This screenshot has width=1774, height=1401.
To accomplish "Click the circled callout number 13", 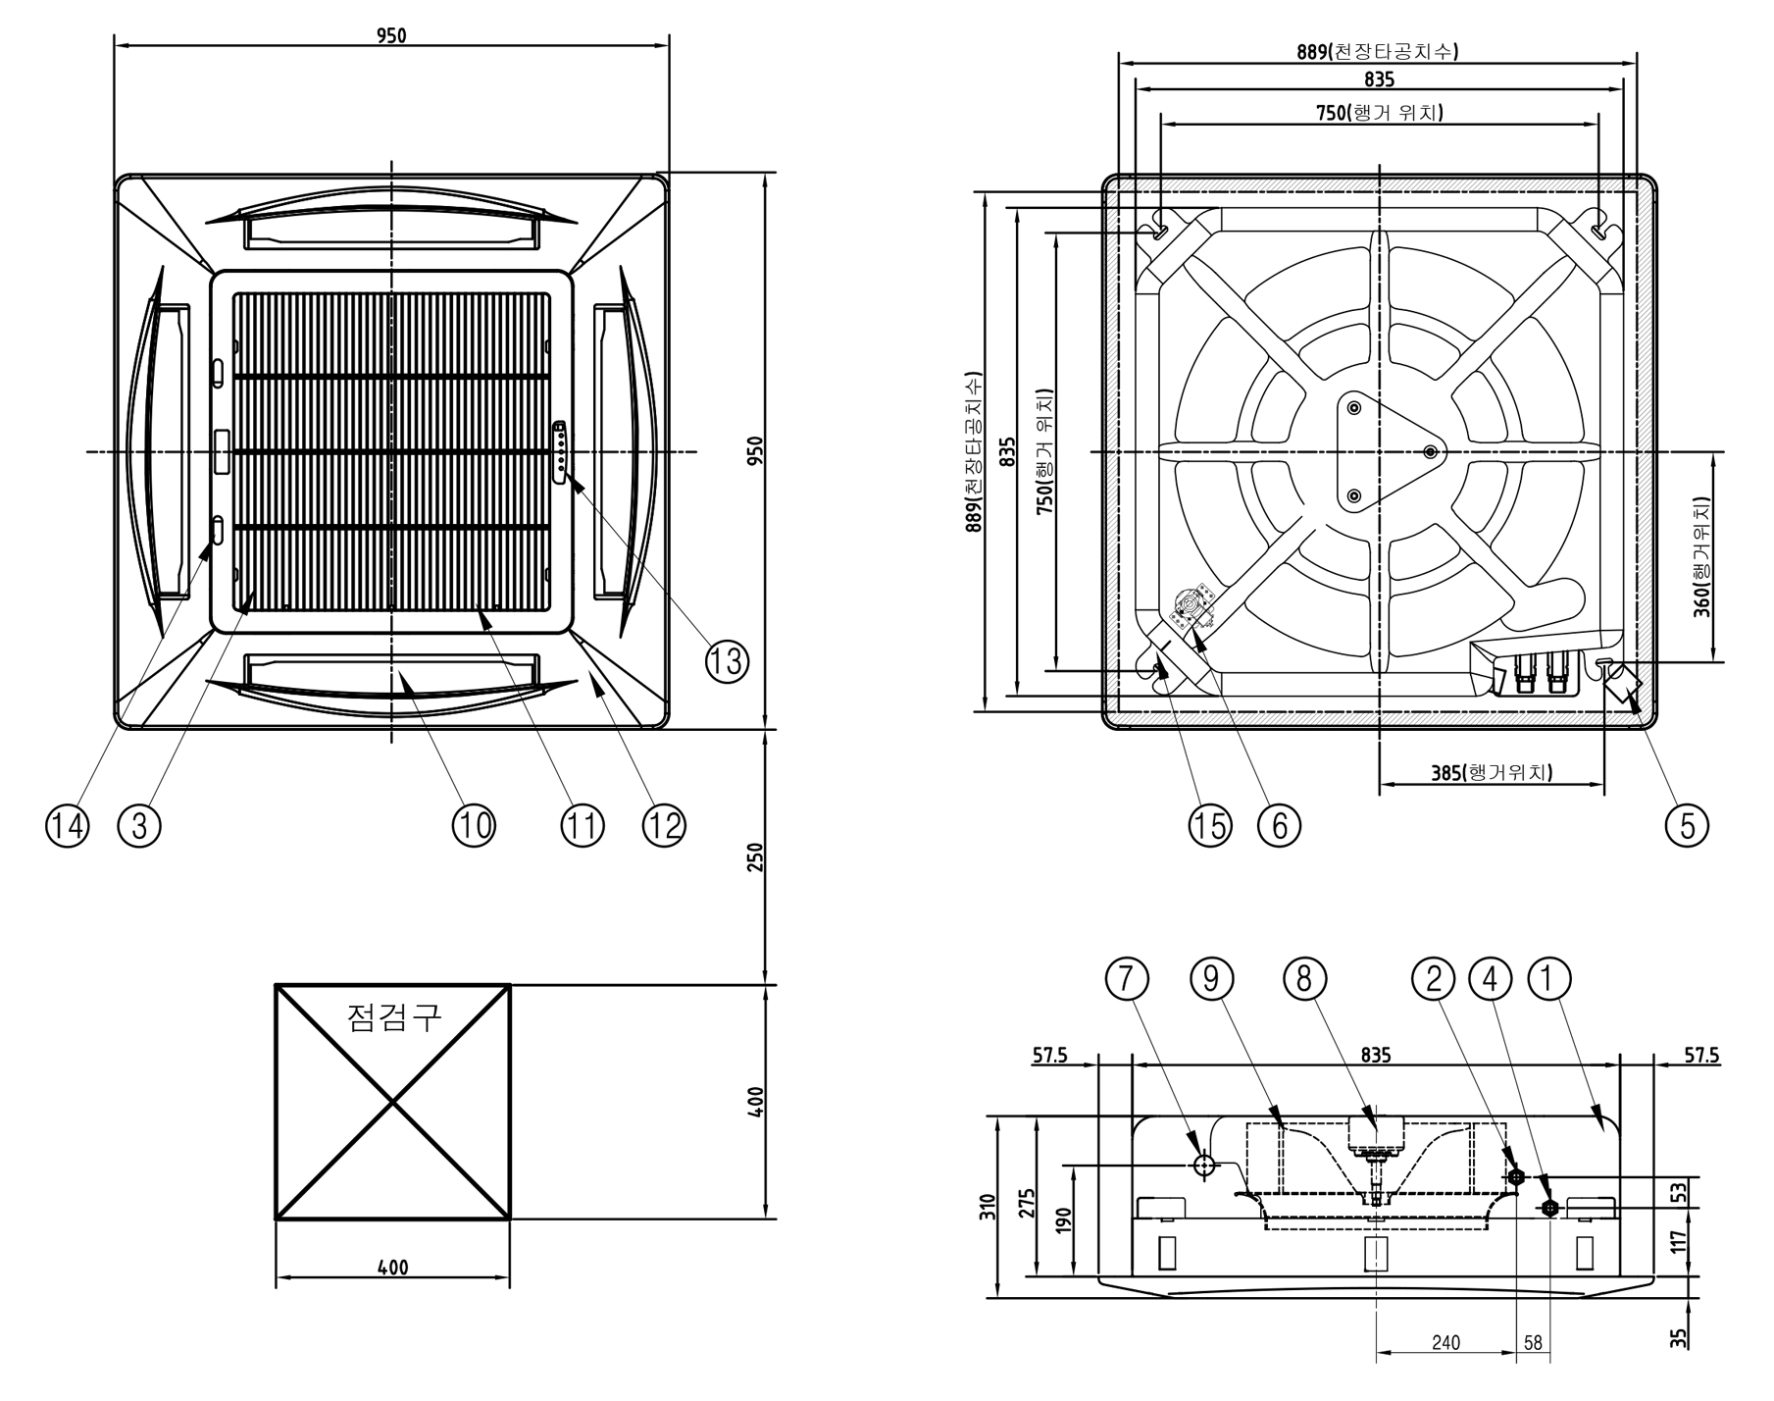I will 727,662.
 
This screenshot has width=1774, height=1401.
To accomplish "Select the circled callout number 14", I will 67,826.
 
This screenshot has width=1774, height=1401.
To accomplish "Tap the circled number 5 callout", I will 1687,825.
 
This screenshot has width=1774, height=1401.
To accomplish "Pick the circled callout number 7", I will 1127,978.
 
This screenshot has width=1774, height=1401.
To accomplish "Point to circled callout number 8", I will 1304,978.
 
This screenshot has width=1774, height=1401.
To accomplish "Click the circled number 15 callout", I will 1209,826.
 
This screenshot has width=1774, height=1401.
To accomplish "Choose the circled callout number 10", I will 474,826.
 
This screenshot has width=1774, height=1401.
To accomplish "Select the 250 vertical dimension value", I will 755,856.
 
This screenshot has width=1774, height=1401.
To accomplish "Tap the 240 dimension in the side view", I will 1445,1342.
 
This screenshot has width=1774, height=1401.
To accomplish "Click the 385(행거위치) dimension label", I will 1491,772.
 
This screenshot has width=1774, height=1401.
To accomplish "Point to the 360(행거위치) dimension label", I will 1702,556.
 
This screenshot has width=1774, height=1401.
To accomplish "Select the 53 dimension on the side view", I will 1681,1192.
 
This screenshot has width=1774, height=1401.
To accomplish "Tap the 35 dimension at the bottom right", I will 1679,1337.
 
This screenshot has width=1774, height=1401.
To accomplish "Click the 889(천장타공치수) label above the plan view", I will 1377,51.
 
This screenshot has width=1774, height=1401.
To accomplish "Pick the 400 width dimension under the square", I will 392,1268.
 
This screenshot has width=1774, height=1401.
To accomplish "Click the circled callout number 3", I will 138,826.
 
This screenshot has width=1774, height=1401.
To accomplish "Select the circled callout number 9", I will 1211,978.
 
